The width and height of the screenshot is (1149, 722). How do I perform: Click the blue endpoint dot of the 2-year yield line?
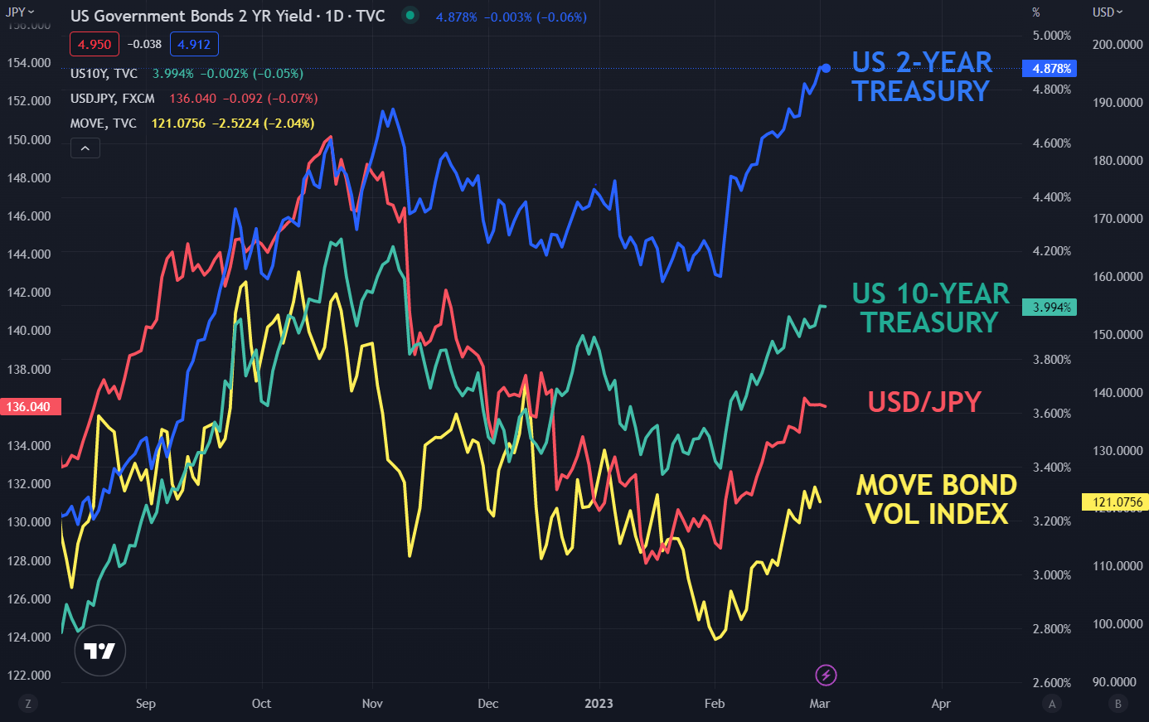click(x=825, y=68)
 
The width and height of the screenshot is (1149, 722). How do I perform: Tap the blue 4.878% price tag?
click(x=1052, y=69)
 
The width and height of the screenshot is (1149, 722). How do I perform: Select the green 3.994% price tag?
click(x=1050, y=308)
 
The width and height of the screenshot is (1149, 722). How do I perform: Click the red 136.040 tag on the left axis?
click(x=28, y=407)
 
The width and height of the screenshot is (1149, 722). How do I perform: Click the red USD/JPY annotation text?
click(x=924, y=402)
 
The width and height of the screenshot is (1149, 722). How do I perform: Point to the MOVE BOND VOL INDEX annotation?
click(x=936, y=499)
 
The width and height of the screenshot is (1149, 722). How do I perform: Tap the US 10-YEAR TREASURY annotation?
click(x=930, y=308)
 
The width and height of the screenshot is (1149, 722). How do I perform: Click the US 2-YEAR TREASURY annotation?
click(x=922, y=76)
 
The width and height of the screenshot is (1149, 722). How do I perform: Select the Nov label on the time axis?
click(x=372, y=704)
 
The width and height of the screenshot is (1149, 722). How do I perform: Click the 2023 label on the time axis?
click(x=599, y=704)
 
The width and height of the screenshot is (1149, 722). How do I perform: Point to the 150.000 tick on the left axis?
click(x=29, y=139)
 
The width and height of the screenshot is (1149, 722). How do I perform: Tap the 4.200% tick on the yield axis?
click(x=1052, y=251)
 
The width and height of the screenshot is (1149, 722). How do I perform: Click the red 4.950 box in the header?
click(x=95, y=45)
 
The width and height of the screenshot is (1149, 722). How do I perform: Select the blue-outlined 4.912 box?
click(x=194, y=45)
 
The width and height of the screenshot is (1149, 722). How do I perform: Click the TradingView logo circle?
click(x=100, y=651)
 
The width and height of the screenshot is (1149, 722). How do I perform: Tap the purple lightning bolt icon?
click(x=826, y=675)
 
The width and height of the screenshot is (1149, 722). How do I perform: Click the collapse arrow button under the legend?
click(x=85, y=148)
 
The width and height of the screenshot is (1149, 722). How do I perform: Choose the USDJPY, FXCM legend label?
click(x=113, y=99)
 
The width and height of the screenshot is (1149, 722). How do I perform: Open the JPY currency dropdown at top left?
click(x=20, y=12)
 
